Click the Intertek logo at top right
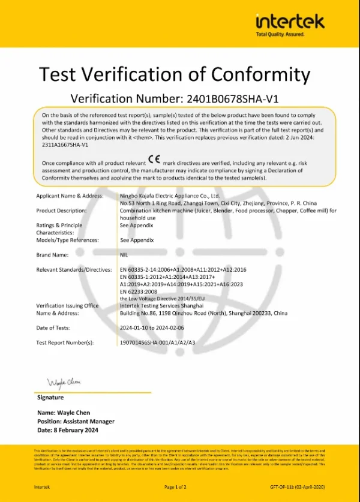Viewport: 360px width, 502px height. (290, 24)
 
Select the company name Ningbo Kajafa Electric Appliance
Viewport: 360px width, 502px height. (170, 196)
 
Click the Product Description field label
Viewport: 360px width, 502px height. (61, 211)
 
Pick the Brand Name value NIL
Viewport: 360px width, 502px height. (124, 255)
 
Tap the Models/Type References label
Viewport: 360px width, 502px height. (67, 240)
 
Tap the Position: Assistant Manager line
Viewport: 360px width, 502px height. (76, 422)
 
